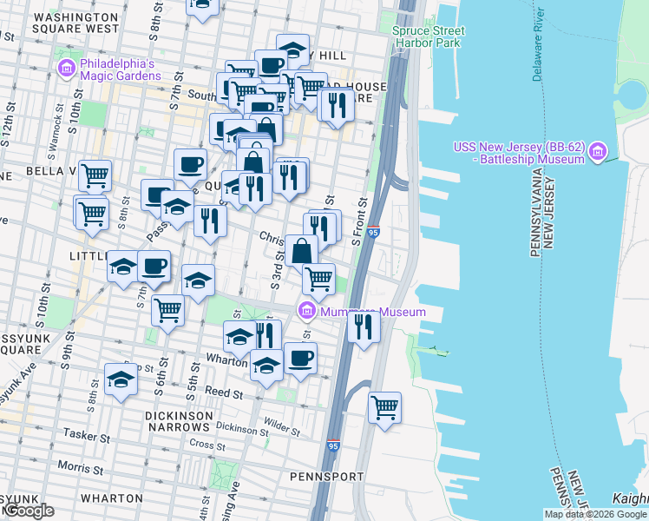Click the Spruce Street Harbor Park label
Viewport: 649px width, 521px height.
428,36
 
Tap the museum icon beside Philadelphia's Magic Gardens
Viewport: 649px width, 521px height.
66,68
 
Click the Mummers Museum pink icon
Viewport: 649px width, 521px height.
306,311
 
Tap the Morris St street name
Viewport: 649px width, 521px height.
85,470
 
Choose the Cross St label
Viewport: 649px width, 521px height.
207,445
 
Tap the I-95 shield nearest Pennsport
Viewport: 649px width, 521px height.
333,446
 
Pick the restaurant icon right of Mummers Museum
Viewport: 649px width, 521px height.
363,326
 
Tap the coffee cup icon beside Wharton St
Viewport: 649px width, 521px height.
301,358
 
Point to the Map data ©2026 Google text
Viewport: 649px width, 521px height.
594,514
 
